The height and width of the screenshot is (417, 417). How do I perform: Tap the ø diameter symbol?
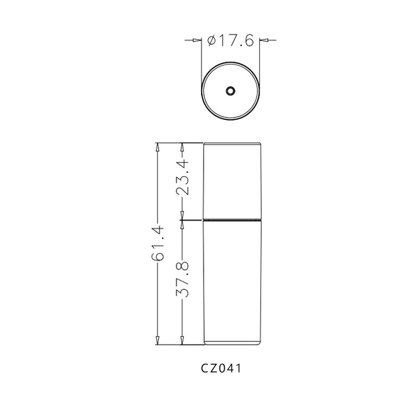tap(212, 41)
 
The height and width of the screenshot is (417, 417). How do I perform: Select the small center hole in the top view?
tap(230, 91)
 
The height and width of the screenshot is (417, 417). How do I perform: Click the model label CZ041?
tap(220, 369)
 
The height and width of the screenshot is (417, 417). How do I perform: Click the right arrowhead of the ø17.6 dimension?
tap(264, 40)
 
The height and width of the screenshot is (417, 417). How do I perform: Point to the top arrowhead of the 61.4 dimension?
tap(157, 147)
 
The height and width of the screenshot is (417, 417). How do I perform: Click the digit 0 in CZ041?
tap(220, 369)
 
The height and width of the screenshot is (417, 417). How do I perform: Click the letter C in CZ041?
tap(205, 369)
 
